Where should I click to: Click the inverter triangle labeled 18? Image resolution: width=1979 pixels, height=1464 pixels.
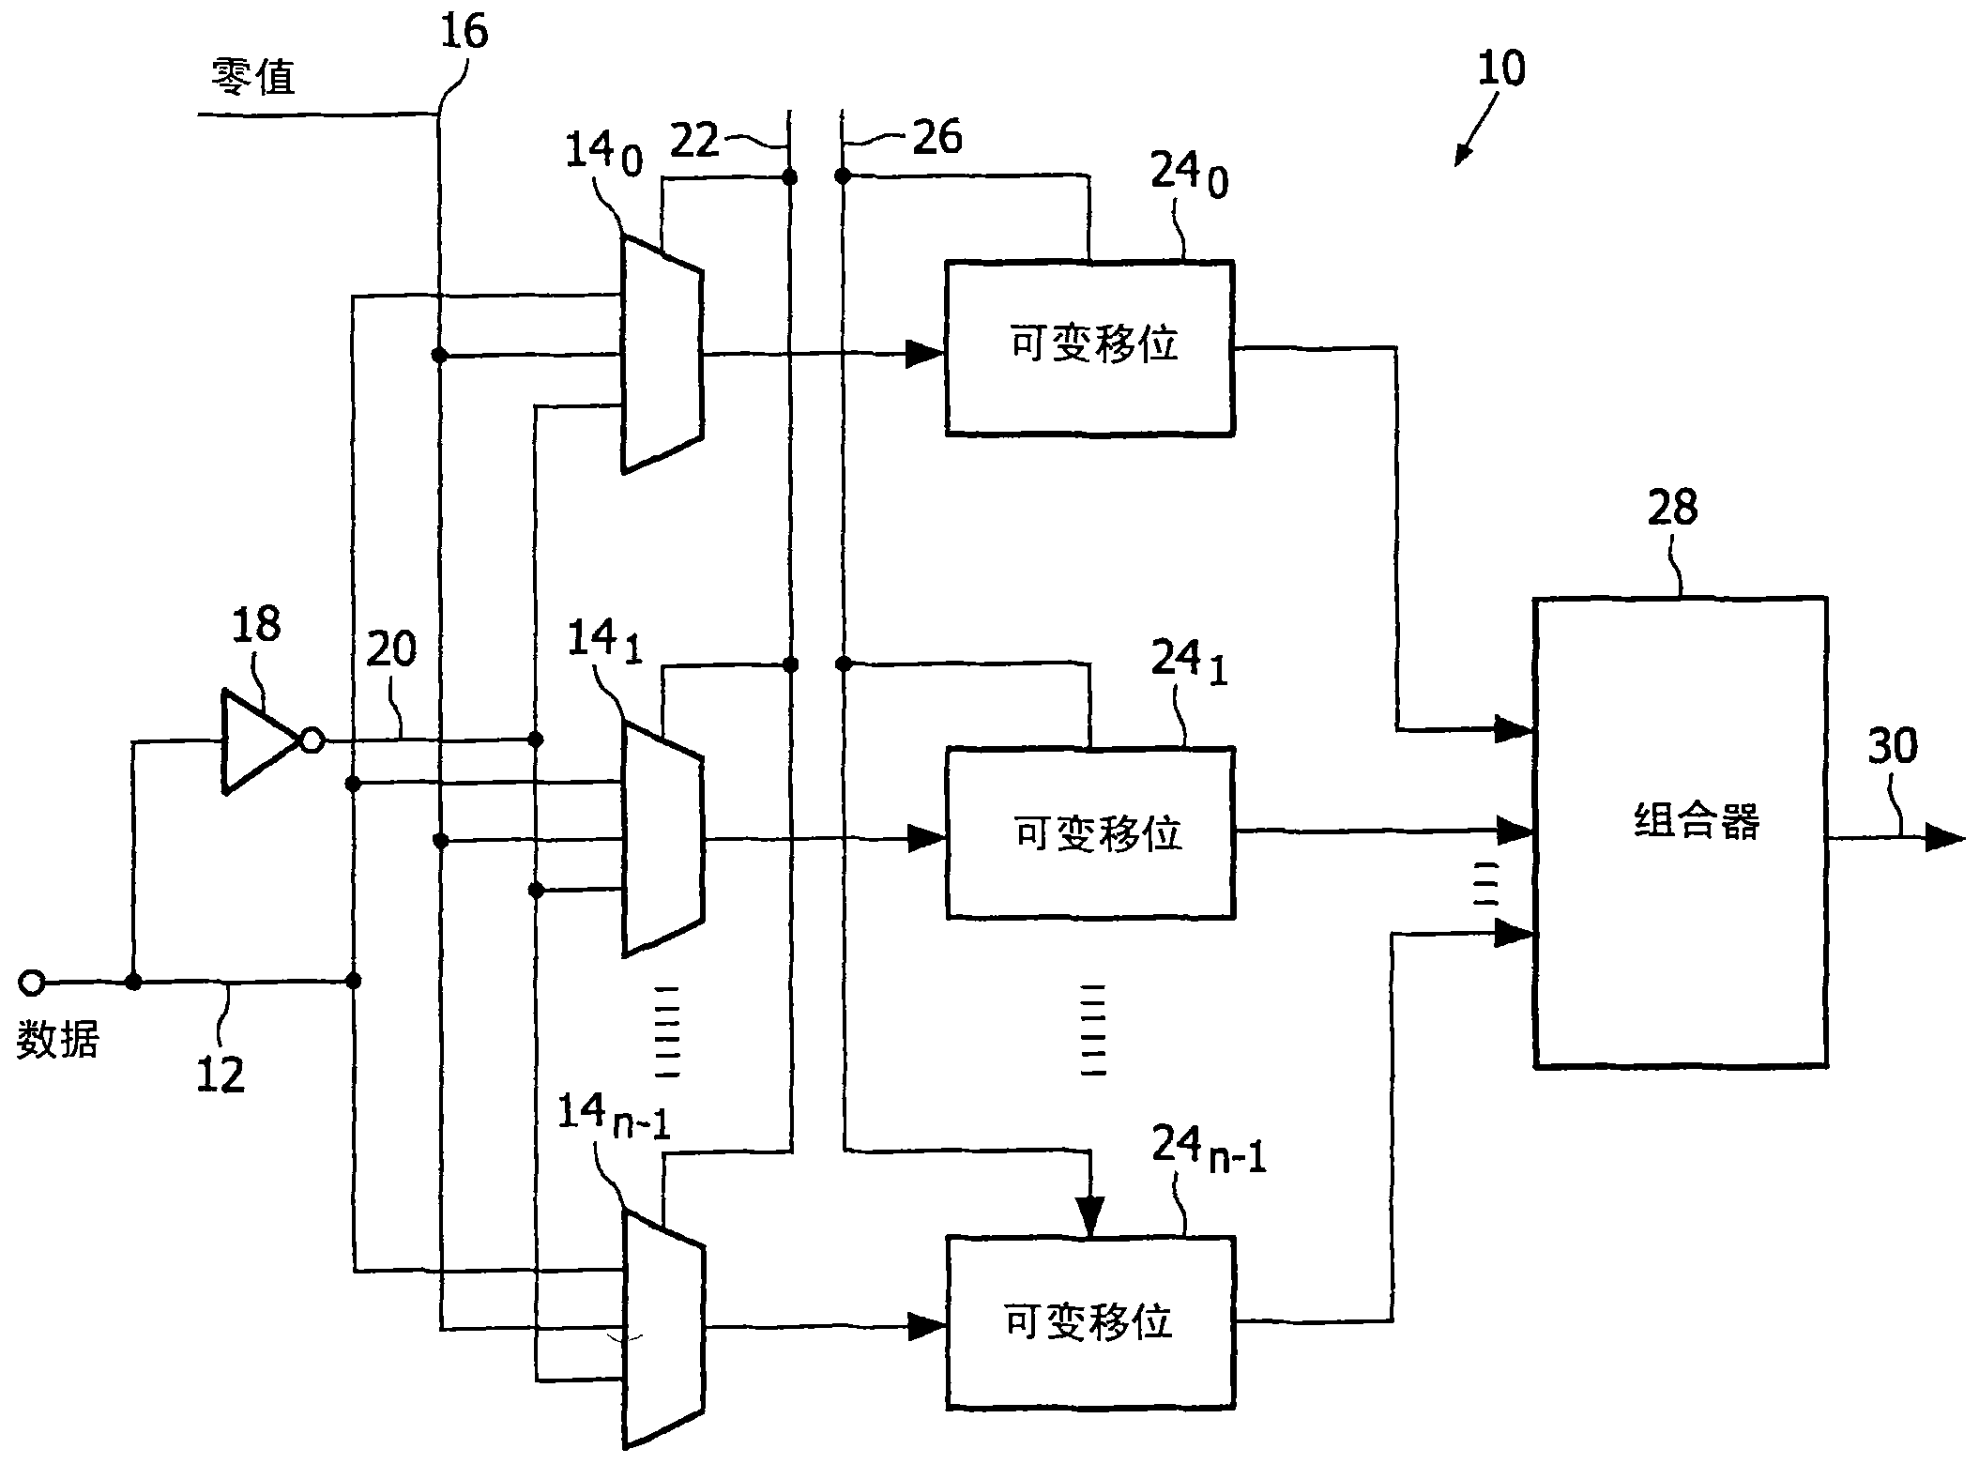pyautogui.click(x=253, y=742)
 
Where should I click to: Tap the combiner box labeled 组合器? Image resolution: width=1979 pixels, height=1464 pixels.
pyautogui.click(x=1679, y=831)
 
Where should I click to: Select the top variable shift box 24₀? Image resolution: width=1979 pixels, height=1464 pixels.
pyautogui.click(x=1088, y=347)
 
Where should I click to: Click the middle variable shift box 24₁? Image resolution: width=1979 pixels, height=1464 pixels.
pyautogui.click(x=1088, y=832)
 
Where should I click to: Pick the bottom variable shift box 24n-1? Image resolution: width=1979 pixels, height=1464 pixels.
pyautogui.click(x=1088, y=1322)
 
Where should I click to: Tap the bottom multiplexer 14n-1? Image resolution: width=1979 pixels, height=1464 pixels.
pyautogui.click(x=662, y=1328)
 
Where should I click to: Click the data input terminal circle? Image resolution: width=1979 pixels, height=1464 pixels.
pyautogui.click(x=31, y=983)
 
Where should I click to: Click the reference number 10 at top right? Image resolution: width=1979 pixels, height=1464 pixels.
pyautogui.click(x=1500, y=69)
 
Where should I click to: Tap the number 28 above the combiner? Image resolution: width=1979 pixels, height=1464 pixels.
pyautogui.click(x=1672, y=508)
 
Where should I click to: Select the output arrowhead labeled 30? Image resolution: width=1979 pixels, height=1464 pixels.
pyautogui.click(x=1943, y=836)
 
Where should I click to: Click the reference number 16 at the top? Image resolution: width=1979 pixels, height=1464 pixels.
pyautogui.click(x=464, y=33)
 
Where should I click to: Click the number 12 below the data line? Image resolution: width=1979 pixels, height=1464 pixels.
pyautogui.click(x=221, y=1075)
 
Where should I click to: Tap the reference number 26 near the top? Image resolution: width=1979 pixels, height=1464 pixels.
pyautogui.click(x=936, y=138)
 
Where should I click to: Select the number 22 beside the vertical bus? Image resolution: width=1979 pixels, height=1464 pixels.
pyautogui.click(x=694, y=141)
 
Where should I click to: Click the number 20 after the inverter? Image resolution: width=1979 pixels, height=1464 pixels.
pyautogui.click(x=390, y=649)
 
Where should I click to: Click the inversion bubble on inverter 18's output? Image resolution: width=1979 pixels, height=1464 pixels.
pyautogui.click(x=312, y=741)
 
